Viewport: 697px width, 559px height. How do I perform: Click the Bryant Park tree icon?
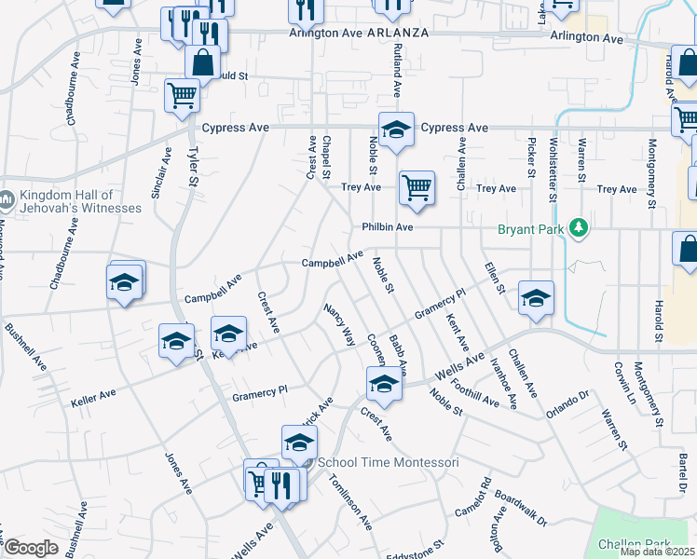click(579, 227)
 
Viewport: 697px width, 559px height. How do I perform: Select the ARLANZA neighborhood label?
click(397, 33)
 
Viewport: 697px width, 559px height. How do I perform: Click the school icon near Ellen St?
click(536, 298)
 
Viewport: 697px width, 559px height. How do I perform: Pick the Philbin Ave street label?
click(387, 226)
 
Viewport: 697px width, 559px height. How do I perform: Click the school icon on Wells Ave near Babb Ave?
click(383, 383)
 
